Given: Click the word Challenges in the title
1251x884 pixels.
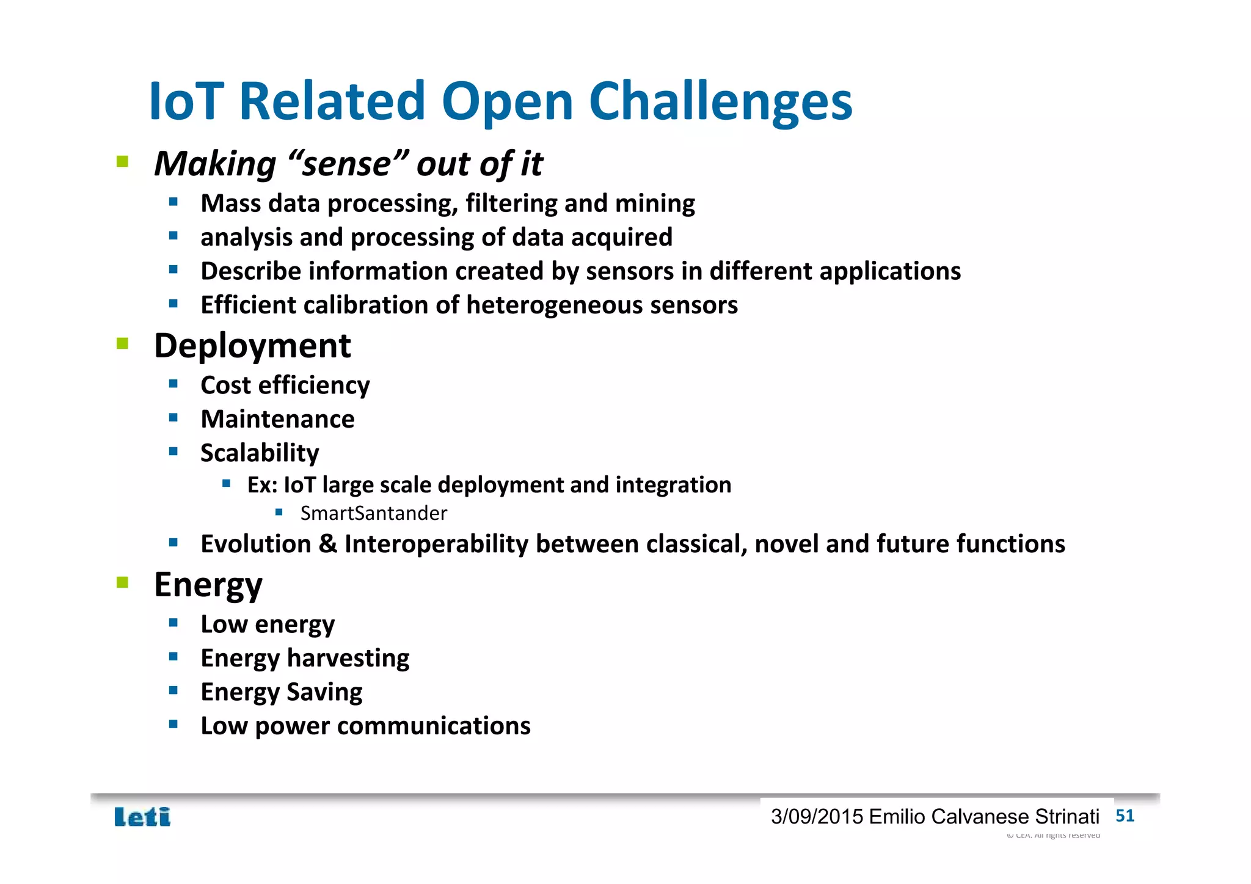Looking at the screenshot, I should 720,101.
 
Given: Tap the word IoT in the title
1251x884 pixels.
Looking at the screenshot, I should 186,101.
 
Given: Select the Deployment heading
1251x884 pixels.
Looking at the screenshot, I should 252,346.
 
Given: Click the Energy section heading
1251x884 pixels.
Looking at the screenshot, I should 208,585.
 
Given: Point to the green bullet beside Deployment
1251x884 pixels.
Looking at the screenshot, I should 122,343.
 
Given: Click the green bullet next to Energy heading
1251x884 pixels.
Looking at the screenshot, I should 122,582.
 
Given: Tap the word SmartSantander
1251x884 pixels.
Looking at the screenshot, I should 373,513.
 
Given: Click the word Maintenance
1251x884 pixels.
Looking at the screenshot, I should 277,419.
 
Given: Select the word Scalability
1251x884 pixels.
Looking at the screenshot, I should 260,453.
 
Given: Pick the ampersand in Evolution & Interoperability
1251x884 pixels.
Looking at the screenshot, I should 328,544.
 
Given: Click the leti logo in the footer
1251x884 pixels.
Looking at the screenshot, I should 142,817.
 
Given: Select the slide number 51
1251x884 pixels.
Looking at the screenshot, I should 1125,816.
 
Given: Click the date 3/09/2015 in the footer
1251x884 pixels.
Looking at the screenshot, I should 817,817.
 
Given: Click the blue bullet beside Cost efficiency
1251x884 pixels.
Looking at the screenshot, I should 173,384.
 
